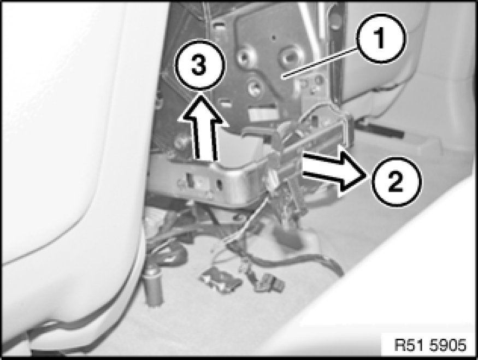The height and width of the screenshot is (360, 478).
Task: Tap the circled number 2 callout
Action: point(396,182)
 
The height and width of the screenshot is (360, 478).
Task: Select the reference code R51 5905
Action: point(430,345)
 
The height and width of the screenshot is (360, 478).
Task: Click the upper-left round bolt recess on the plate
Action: point(245,56)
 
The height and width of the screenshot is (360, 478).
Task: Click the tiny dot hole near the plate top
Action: point(274,38)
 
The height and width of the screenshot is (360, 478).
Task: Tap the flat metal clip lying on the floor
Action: point(220,279)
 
